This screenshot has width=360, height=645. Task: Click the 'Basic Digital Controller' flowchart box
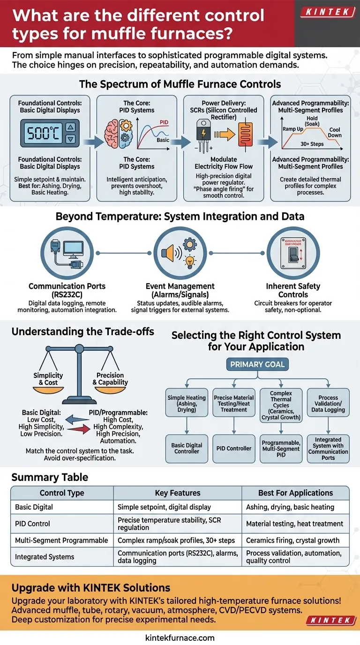click(187, 448)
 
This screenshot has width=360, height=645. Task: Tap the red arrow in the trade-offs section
click(77, 427)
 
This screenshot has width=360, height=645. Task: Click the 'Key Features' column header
click(178, 493)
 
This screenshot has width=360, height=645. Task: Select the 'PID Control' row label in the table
click(32, 523)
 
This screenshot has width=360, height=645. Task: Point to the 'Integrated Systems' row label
click(45, 557)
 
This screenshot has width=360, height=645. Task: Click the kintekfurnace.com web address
click(180, 637)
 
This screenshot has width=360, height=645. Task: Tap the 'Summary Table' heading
click(50, 477)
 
